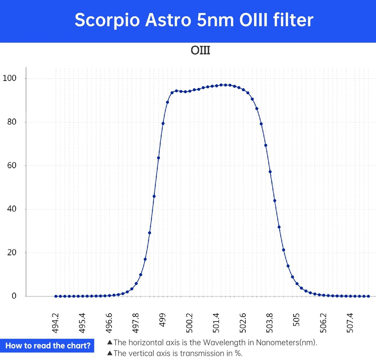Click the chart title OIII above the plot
coord(200,50)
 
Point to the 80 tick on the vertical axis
coord(11,122)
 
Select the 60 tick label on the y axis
coord(11,165)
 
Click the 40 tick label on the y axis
coord(11,209)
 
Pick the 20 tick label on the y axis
coord(11,253)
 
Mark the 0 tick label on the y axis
coord(14,296)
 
